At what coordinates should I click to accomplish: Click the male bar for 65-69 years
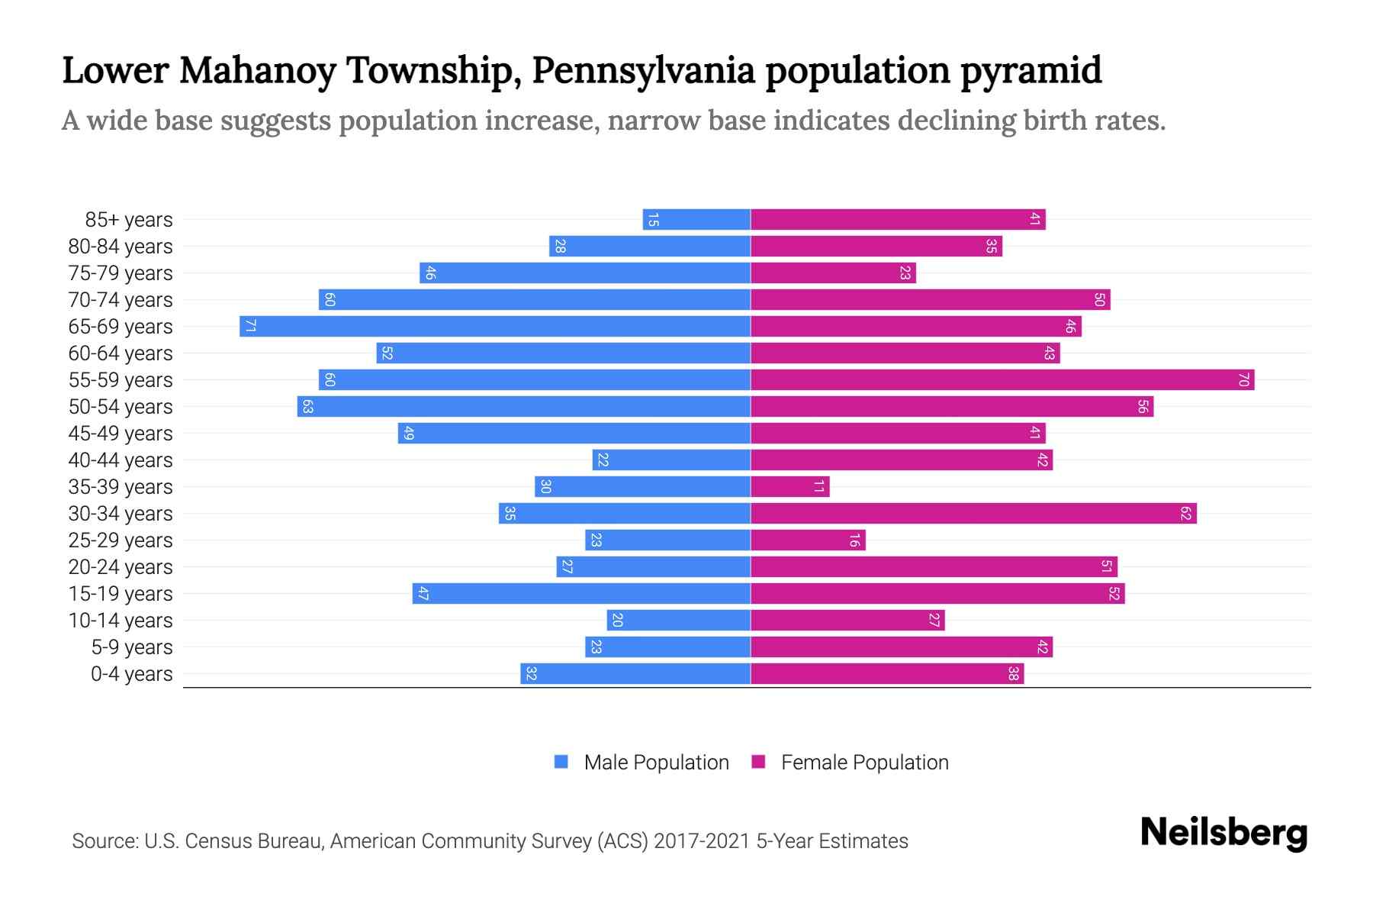coord(496,327)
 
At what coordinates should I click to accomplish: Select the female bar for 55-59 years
coord(1002,380)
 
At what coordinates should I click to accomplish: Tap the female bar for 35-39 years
coord(790,487)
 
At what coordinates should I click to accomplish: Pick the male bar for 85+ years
coord(696,220)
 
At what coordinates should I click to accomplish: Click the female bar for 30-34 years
coord(973,514)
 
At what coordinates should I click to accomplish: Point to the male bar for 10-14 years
coord(679,621)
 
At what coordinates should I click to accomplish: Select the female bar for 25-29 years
coord(808,540)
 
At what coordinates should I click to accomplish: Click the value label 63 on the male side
coord(307,407)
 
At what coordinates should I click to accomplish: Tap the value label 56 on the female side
coord(1142,407)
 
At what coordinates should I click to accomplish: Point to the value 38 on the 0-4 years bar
coord(1013,674)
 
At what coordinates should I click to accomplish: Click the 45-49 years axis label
coord(121,434)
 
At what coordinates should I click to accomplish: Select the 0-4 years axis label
coord(131,674)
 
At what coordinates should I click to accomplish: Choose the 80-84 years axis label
coord(121,247)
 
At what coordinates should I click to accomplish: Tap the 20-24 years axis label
coord(121,567)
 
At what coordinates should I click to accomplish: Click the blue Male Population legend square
coord(561,762)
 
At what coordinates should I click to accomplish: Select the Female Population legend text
coord(864,762)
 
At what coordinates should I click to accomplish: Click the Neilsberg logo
coord(1223,833)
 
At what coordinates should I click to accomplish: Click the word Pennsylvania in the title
coord(643,70)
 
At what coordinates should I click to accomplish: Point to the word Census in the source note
coord(219,841)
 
